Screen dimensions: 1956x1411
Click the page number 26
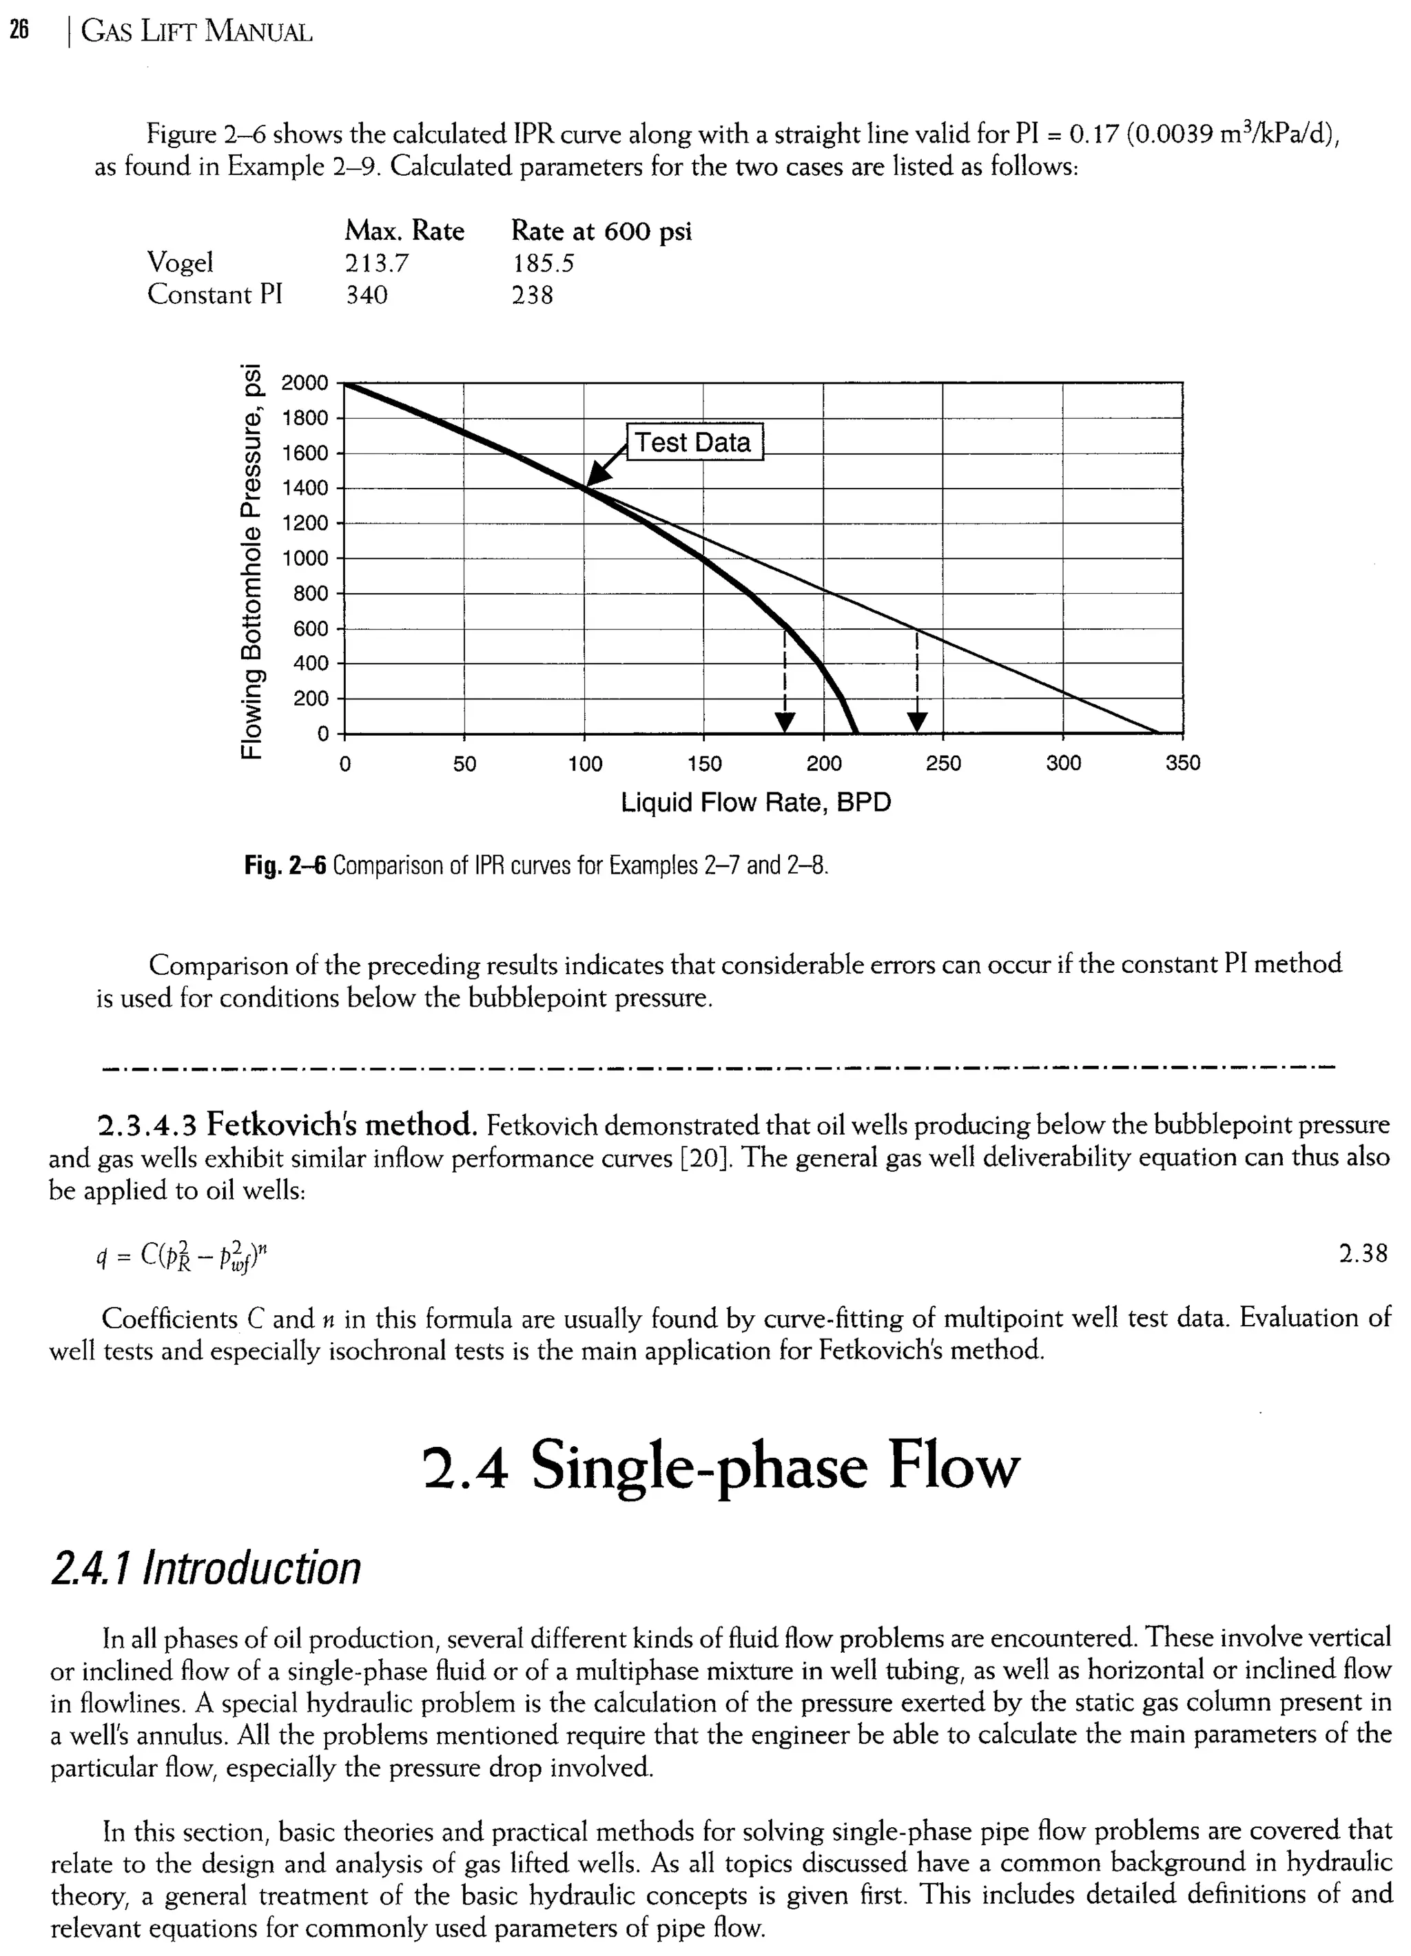pos(19,32)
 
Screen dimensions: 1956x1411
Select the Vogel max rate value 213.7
pos(377,263)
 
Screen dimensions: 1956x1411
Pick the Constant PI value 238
pos(532,295)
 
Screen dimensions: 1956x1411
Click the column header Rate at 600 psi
pos(601,231)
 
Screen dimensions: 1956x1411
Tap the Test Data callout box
pos(694,442)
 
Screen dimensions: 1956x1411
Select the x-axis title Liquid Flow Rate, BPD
pos(756,803)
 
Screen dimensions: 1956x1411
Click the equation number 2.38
pos(1363,1253)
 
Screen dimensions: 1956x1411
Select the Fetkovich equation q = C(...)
pos(185,1257)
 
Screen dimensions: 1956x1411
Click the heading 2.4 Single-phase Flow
pos(722,1466)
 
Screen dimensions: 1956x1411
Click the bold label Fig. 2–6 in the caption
pos(285,865)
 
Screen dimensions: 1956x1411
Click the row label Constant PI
pos(215,295)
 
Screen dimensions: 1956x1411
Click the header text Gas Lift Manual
pos(196,32)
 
